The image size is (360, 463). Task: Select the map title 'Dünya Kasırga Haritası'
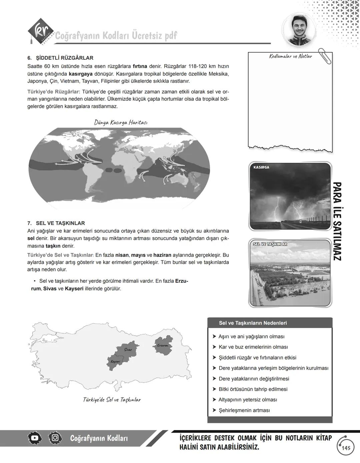(x=121, y=122)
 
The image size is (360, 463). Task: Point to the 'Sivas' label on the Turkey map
(x=128, y=350)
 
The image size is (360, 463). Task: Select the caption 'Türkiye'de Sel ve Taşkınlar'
(x=112, y=400)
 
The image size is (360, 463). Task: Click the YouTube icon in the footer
(x=35, y=438)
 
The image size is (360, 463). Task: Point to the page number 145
(x=346, y=448)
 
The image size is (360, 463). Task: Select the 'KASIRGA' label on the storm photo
(x=261, y=167)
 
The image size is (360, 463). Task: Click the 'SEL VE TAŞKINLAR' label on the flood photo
(x=270, y=244)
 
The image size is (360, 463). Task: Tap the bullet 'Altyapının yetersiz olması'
(x=247, y=400)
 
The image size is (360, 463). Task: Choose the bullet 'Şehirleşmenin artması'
(x=244, y=410)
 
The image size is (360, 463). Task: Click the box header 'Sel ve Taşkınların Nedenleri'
(x=253, y=323)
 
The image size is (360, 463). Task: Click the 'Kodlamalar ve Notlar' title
(x=290, y=56)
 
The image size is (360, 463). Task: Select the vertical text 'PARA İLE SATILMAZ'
(x=337, y=221)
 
